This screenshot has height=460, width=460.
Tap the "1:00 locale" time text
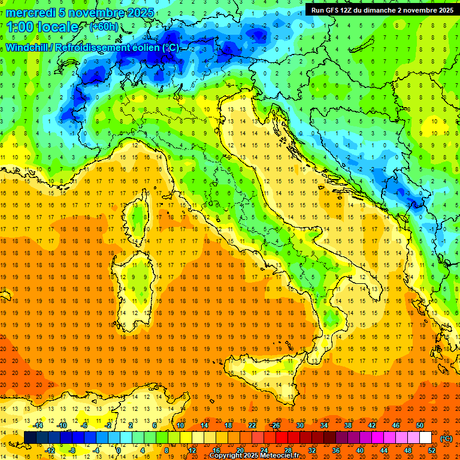[x=43, y=27]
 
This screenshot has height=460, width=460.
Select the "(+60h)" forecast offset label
[x=104, y=27]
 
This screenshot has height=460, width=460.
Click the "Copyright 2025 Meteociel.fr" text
[x=254, y=455]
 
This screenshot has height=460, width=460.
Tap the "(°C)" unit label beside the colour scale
[x=446, y=438]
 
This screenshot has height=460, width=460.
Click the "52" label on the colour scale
[x=432, y=450]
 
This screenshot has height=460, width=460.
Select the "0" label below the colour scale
[x=119, y=450]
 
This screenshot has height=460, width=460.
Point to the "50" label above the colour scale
[x=420, y=425]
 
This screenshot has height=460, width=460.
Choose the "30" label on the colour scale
[x=299, y=425]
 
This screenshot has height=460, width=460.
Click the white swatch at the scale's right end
[x=426, y=438]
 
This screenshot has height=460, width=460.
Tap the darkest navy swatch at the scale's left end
[x=30, y=438]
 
